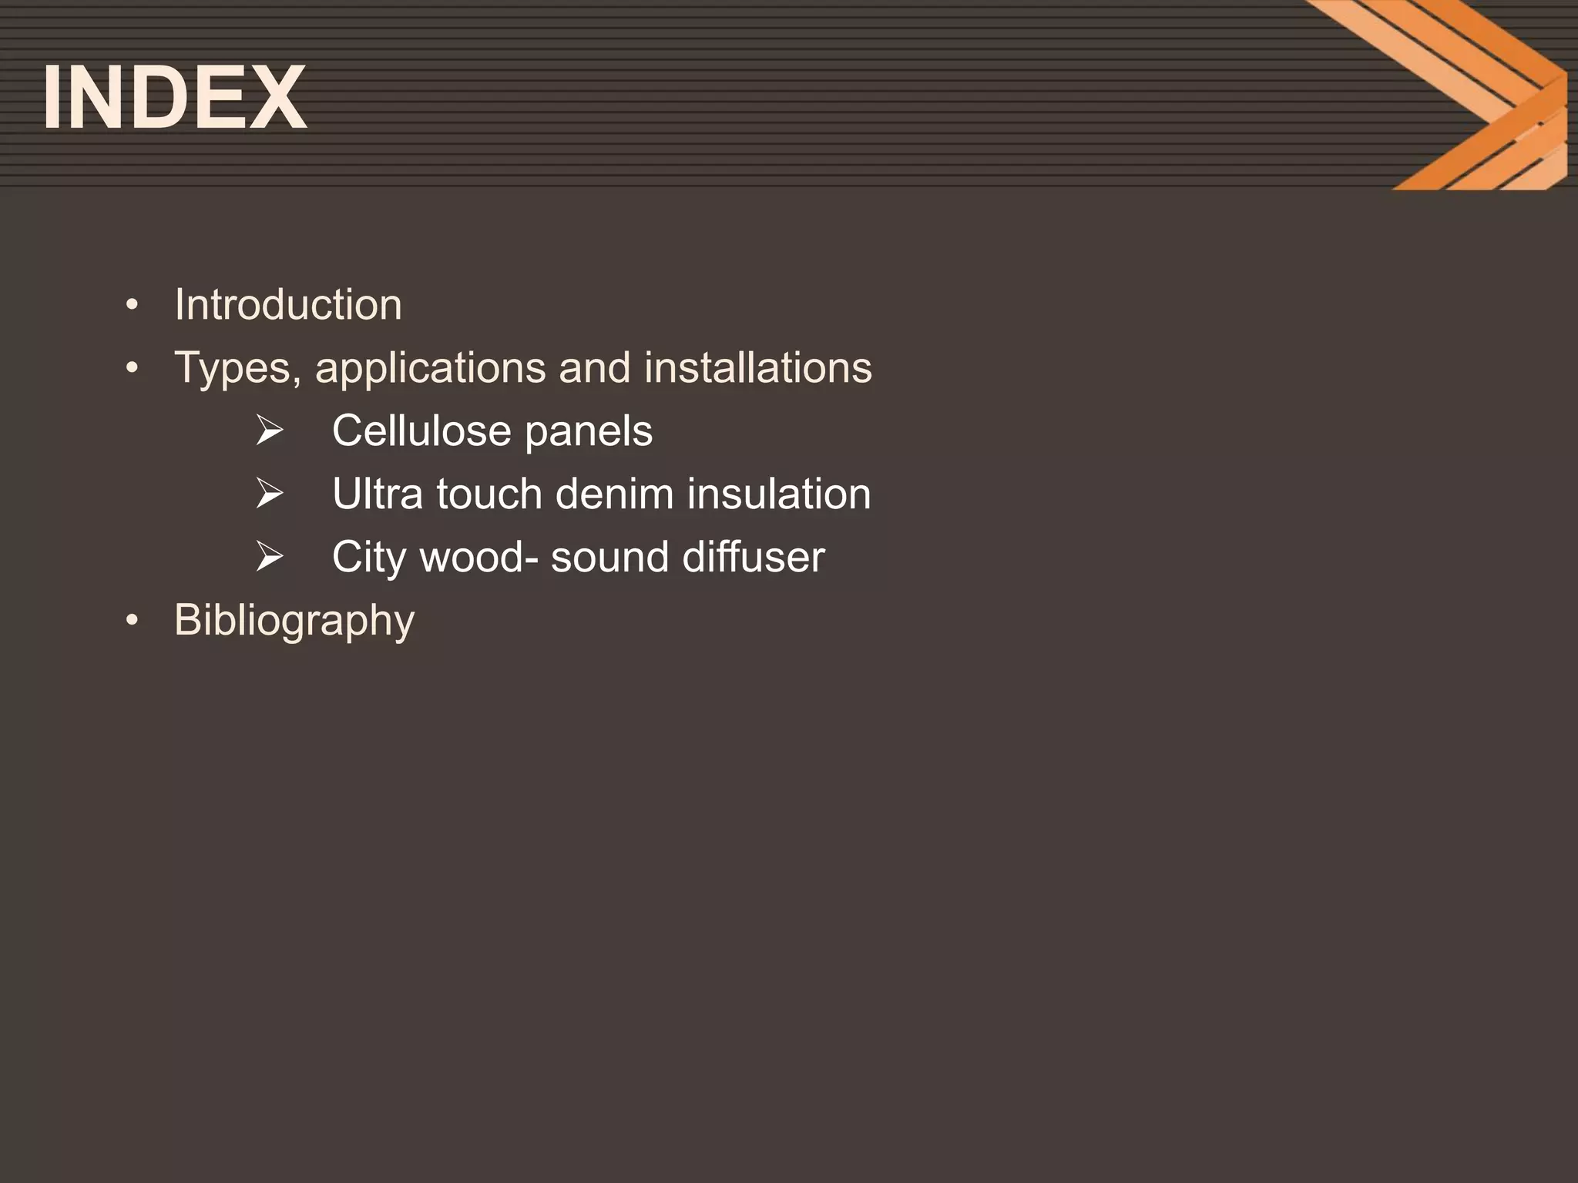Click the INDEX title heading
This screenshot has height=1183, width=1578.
(175, 98)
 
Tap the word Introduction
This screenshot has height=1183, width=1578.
(288, 304)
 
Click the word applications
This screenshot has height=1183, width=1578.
(431, 368)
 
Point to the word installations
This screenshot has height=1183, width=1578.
(757, 367)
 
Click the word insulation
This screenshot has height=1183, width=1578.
(778, 494)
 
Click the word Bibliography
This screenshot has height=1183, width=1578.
(294, 621)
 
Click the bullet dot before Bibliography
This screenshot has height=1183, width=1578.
(133, 620)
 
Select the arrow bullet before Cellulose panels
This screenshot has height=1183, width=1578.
(270, 431)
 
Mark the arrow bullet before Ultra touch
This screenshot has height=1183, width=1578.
(270, 494)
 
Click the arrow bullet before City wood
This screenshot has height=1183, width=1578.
(270, 557)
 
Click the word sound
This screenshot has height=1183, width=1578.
(609, 557)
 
